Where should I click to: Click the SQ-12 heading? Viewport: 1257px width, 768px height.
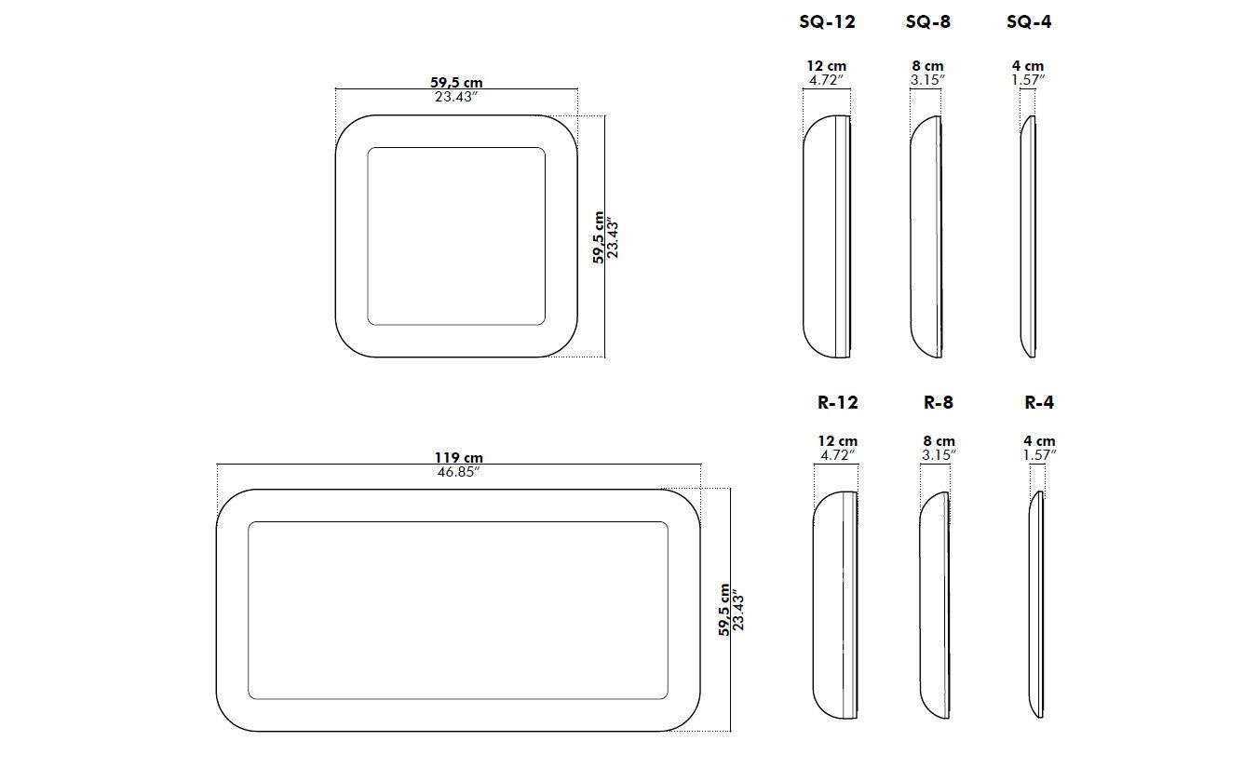pos(827,22)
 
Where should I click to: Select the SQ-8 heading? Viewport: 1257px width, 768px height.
pos(927,22)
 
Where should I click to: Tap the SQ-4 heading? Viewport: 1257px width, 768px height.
pos(1029,22)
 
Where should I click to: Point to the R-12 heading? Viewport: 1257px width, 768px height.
pos(837,403)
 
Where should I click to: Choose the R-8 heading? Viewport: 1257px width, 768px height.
pos(938,403)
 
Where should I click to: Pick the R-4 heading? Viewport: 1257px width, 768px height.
pos(1039,403)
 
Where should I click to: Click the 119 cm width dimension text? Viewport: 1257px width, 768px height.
pos(458,458)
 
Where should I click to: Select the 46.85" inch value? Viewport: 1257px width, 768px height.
pos(458,472)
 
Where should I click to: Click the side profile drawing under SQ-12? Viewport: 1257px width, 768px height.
pos(827,236)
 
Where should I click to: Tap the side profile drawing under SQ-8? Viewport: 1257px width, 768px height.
pos(926,236)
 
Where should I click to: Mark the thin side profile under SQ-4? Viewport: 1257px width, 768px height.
pos(1028,236)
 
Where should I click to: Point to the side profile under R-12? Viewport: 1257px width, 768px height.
pos(835,605)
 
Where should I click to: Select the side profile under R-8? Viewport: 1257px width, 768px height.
pos(935,605)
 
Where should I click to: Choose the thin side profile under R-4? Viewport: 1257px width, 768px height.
pos(1036,605)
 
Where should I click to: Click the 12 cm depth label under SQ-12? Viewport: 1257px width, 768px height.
pos(827,66)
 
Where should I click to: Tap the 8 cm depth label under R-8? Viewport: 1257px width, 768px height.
pos(939,441)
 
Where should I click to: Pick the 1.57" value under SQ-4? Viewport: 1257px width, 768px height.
pos(1028,80)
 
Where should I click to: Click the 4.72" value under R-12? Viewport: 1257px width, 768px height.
pos(837,455)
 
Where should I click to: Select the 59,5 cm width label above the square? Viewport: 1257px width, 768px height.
pos(456,83)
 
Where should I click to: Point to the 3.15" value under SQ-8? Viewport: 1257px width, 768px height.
pos(927,80)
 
